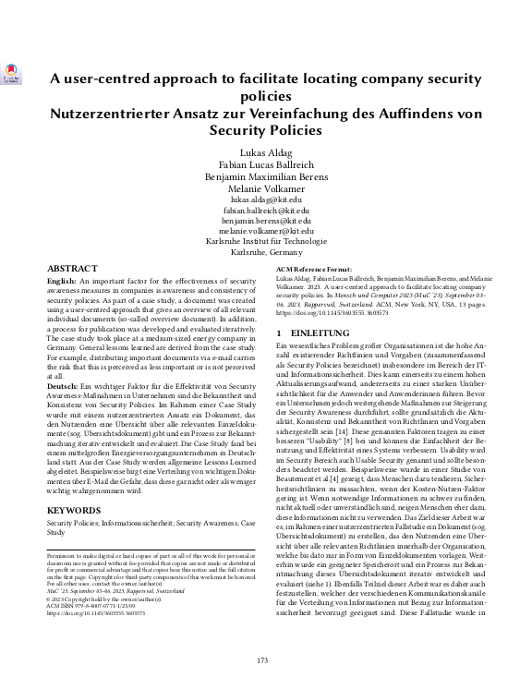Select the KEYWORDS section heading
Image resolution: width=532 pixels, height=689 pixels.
[75, 509]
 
